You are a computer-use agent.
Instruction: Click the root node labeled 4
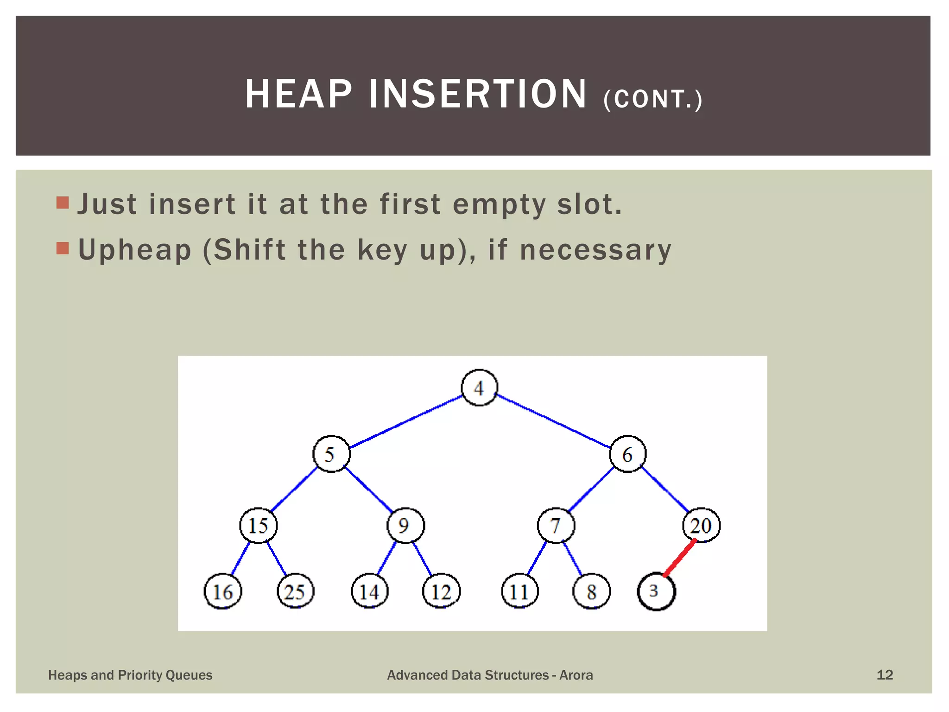[x=479, y=388]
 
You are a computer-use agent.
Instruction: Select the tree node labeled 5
[x=331, y=454]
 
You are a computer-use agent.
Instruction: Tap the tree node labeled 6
[x=627, y=454]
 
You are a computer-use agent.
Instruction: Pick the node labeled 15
[x=258, y=525]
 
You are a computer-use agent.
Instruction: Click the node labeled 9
[x=405, y=525]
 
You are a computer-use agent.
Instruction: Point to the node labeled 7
[x=556, y=525]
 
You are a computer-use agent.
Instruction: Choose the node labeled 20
[x=701, y=525]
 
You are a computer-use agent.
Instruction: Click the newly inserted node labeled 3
[x=656, y=591]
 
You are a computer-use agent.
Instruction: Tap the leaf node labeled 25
[x=295, y=591]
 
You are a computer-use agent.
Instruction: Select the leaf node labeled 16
[x=223, y=591]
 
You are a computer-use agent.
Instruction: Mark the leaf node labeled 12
[x=441, y=591]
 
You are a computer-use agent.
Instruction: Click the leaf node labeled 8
[x=591, y=591]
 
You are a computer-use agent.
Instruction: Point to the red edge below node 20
[x=680, y=558]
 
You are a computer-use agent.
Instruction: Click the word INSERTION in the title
[x=477, y=94]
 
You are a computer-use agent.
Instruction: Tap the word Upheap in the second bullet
[x=134, y=250]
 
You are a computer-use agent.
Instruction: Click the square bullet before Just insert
[x=63, y=203]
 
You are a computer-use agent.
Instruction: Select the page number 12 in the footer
[x=884, y=674]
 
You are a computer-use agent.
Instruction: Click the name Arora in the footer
[x=576, y=675]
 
